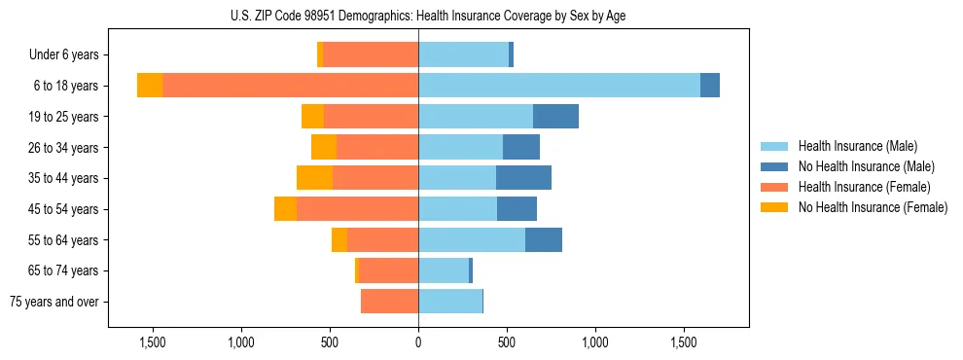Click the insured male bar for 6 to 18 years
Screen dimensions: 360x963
pos(558,86)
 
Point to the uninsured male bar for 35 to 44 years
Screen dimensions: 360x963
pos(523,178)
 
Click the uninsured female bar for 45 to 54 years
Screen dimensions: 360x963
pos(285,209)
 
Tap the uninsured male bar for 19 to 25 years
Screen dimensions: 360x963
pos(555,117)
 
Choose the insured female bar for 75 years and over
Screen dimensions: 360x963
pos(389,302)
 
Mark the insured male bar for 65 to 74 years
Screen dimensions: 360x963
pos(444,270)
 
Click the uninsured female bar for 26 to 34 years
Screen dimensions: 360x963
pos(324,147)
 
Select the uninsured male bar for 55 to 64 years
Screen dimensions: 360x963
pos(543,239)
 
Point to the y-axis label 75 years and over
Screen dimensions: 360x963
pos(53,302)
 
